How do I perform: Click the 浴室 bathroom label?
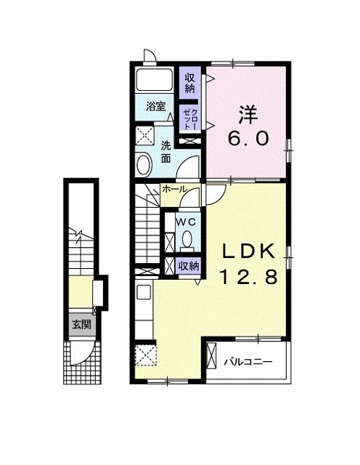click(x=155, y=106)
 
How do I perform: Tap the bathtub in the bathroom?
click(x=154, y=79)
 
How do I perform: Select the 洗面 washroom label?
click(x=166, y=152)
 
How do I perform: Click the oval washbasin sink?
click(x=144, y=164)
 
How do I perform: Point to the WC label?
click(x=186, y=222)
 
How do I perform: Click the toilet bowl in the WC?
click(x=187, y=240)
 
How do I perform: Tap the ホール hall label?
click(x=175, y=189)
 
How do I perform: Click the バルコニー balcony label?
click(x=247, y=362)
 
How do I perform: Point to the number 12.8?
click(x=248, y=276)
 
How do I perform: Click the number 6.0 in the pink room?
click(x=248, y=138)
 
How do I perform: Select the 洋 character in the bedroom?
click(x=248, y=115)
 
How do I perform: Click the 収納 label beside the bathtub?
click(x=190, y=84)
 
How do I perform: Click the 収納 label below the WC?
click(x=188, y=266)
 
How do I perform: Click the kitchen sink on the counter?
click(x=144, y=292)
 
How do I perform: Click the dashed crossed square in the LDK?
click(x=145, y=355)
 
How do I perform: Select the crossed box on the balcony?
click(x=212, y=355)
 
